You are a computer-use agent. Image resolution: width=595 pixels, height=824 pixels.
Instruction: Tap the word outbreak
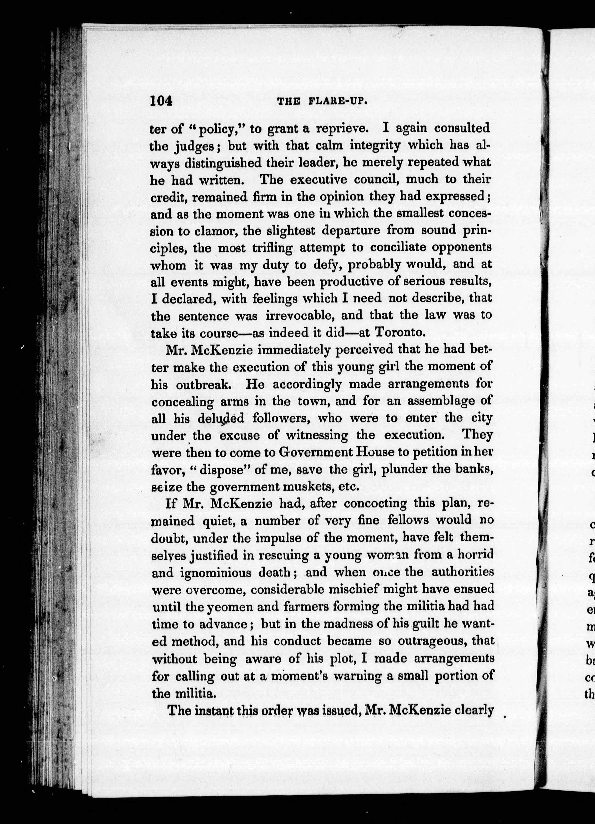coord(205,384)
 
